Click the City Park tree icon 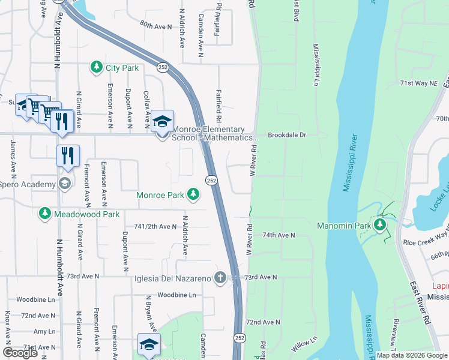(96, 68)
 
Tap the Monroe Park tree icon (193, 194)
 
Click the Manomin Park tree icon (379, 226)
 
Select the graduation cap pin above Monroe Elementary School (162, 121)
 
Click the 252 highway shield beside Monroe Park (211, 181)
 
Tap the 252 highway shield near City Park (163, 67)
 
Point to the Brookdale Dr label (287, 135)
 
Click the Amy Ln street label (44, 331)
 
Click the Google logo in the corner (20, 353)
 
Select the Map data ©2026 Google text (412, 355)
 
